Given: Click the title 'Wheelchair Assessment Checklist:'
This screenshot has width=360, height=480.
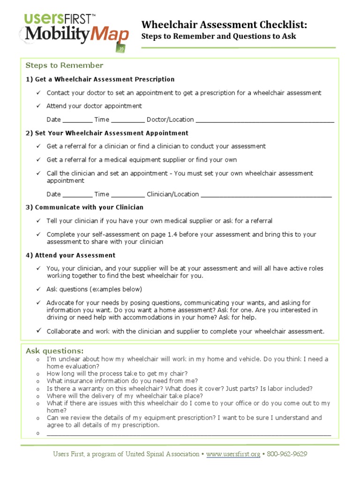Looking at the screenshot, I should click(x=225, y=24).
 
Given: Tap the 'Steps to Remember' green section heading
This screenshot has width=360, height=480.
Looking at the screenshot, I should click(x=64, y=65).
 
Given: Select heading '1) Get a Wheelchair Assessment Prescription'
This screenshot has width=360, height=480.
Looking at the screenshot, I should click(x=100, y=79).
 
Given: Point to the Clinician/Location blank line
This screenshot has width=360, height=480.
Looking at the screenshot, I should click(x=266, y=195).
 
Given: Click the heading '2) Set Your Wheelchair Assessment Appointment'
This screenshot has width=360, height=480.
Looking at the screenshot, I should click(x=107, y=133).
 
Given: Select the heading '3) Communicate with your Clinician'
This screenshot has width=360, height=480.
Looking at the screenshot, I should click(x=84, y=207).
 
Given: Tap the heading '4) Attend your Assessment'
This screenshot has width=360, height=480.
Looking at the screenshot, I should click(x=70, y=255).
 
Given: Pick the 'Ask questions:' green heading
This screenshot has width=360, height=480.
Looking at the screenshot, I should click(x=54, y=351).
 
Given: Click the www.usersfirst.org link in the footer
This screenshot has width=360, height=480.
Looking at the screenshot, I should click(x=233, y=454).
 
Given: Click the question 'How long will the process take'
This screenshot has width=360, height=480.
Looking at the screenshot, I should click(x=117, y=374).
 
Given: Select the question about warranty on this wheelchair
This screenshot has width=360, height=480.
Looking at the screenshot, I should click(x=180, y=389).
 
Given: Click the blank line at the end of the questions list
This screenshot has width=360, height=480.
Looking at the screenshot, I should click(x=188, y=434).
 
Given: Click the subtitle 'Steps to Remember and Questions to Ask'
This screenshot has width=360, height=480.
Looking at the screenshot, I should click(x=218, y=37).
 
